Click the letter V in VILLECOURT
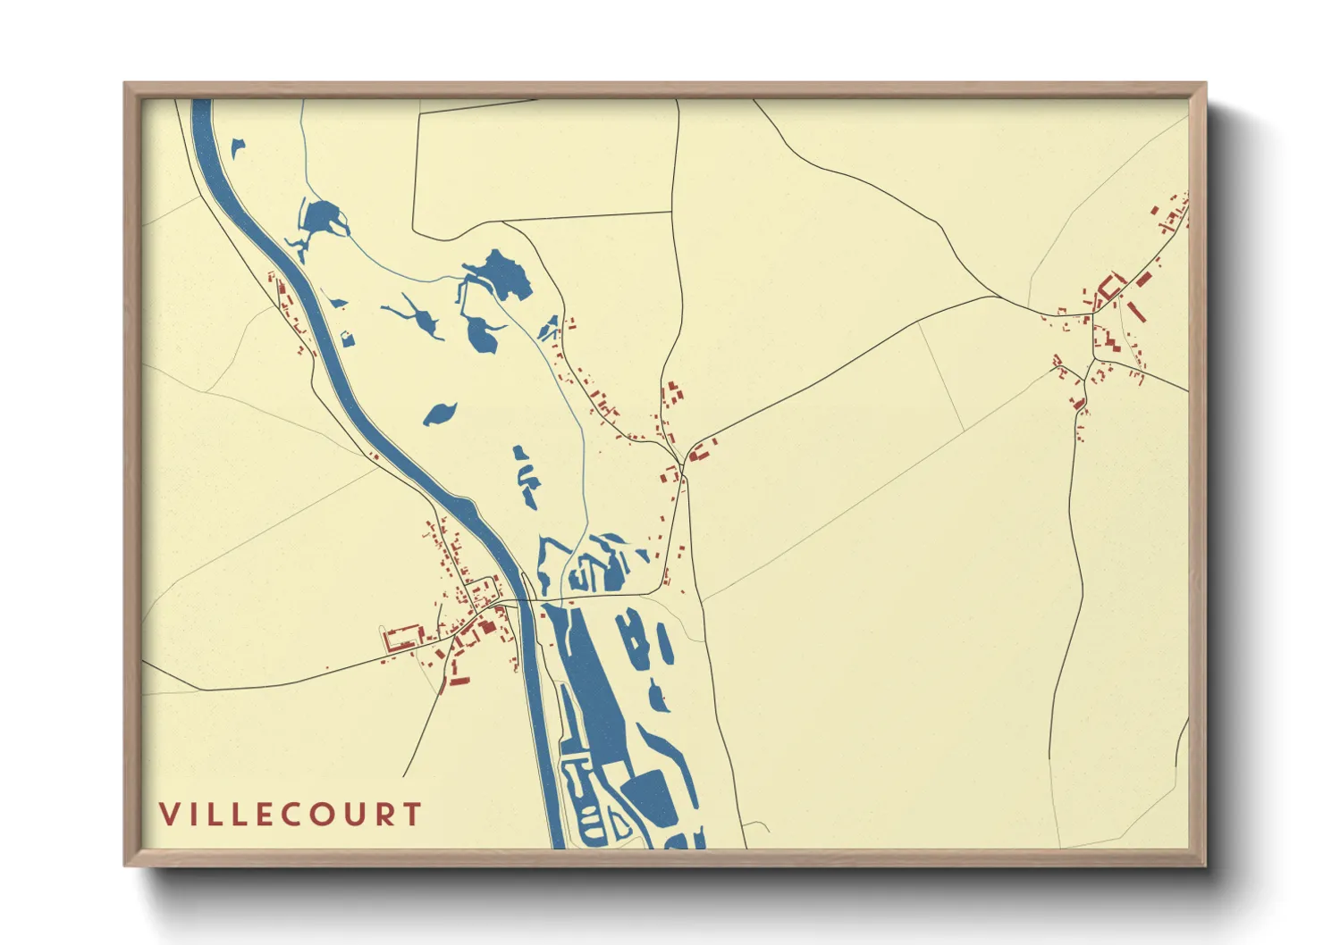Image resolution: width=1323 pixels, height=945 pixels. click(x=169, y=815)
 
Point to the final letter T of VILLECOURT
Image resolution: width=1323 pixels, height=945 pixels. click(x=412, y=815)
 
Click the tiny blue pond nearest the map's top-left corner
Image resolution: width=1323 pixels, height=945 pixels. click(x=238, y=147)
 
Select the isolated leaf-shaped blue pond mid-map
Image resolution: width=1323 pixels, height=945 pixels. click(x=440, y=414)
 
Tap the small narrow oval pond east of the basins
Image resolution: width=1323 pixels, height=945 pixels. click(x=664, y=642)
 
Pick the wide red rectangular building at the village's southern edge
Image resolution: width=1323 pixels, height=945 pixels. click(x=459, y=682)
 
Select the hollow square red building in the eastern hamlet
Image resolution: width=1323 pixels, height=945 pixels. click(x=1111, y=287)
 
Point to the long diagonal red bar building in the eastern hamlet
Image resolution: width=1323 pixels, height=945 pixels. click(x=1137, y=313)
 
